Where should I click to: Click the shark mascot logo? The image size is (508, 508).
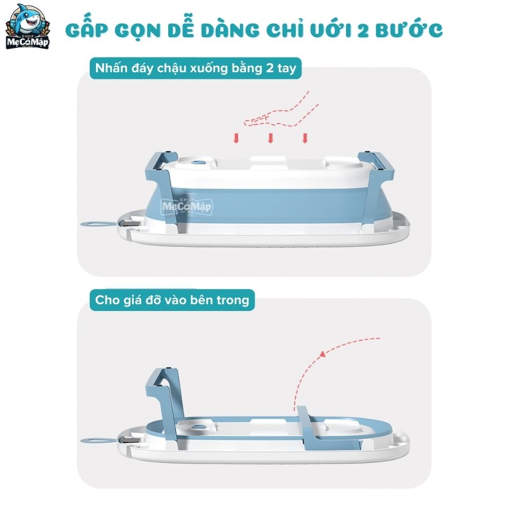coord(28,27)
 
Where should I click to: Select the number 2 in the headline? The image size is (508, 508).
coord(363,31)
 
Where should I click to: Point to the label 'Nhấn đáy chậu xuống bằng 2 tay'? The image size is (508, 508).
coord(196,68)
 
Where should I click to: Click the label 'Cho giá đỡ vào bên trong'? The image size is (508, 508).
coord(172,300)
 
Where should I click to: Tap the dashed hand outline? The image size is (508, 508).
coord(281,110)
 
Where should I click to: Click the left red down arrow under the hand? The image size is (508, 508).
coord(236,138)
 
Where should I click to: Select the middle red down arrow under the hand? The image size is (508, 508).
coord(270,138)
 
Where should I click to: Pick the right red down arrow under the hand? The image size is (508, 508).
coord(305,138)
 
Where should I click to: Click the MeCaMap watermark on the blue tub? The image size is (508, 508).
coord(187,206)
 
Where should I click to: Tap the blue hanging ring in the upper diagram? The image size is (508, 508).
coord(98,224)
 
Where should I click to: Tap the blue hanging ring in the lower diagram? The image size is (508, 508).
coord(98,440)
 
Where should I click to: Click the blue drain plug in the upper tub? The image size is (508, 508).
coord(197,163)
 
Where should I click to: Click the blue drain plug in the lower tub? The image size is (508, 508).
coord(197,427)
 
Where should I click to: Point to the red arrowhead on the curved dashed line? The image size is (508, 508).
coord(322,354)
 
